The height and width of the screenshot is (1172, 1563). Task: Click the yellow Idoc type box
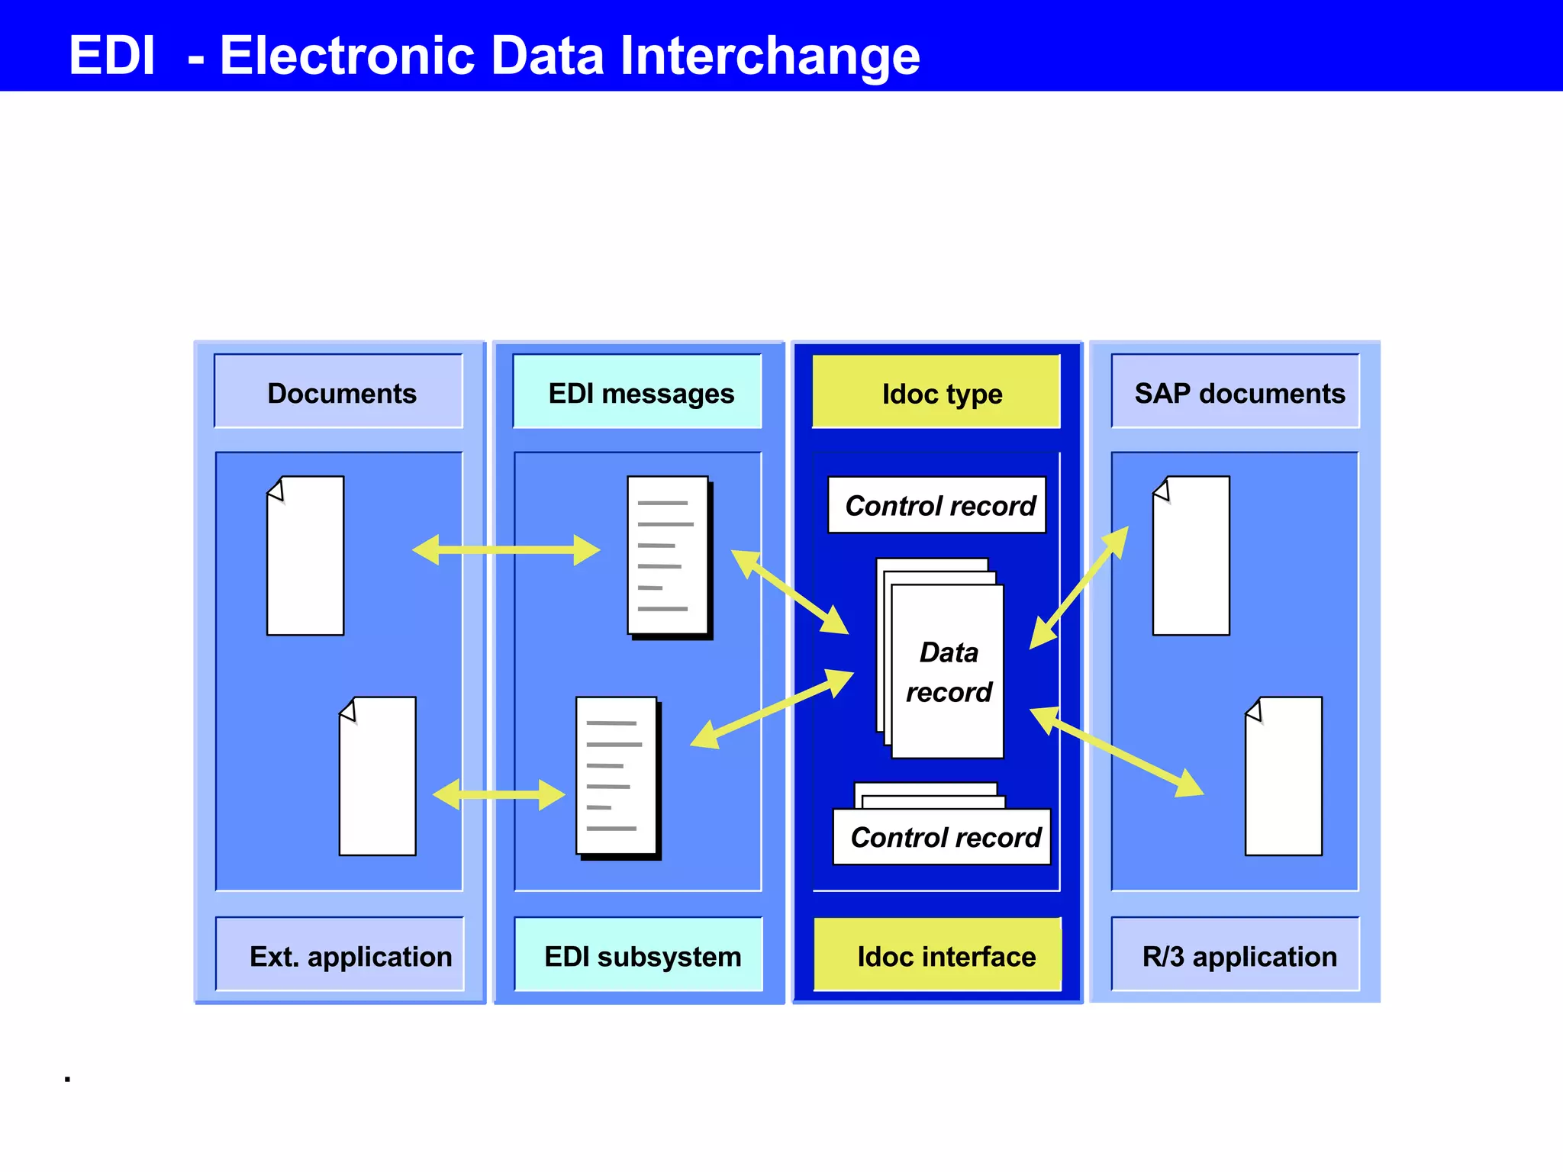(936, 392)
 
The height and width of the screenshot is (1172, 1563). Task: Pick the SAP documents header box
(1236, 392)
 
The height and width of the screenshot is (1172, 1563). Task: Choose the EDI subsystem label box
(639, 955)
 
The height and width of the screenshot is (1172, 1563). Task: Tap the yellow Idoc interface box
(938, 955)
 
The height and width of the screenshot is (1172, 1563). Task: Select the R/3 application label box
(1236, 955)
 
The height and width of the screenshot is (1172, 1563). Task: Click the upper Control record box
(937, 505)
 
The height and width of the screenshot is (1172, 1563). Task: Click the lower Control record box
(942, 837)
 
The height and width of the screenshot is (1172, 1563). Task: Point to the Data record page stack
(946, 671)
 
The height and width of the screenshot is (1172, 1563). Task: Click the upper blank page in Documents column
(305, 557)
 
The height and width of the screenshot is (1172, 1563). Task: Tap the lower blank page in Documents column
(378, 777)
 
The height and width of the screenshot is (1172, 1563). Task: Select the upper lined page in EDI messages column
(668, 555)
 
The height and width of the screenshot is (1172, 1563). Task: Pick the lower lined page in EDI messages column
(617, 776)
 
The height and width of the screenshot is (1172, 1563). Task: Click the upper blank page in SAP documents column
(1191, 557)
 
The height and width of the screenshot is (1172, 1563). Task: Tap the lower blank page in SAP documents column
(1284, 777)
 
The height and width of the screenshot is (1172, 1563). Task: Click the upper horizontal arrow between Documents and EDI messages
(506, 549)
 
